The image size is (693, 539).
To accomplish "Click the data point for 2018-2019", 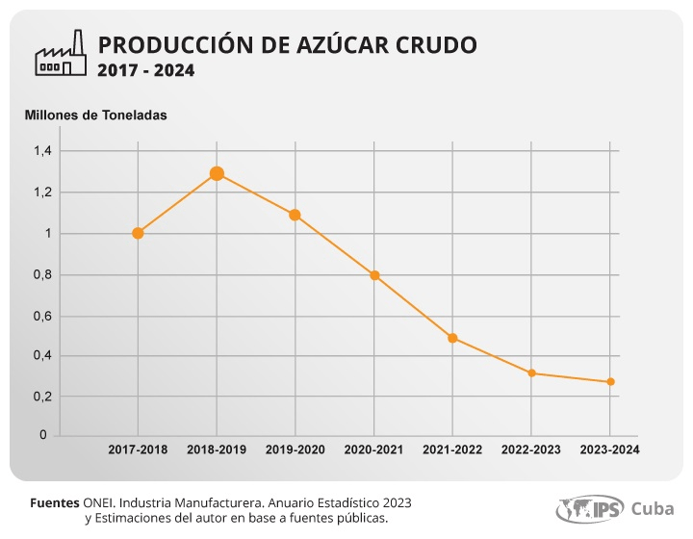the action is click(x=217, y=173).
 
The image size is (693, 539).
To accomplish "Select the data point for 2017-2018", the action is click(x=138, y=233).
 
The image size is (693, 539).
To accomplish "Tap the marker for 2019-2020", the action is click(x=295, y=216).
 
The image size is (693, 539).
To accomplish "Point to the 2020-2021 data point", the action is click(x=374, y=275).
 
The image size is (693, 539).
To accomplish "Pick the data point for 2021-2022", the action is click(x=452, y=338).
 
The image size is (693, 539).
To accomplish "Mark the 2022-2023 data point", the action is click(x=531, y=373).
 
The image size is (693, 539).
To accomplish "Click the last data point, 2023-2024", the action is click(x=610, y=382).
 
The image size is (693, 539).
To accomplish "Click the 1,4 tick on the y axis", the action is click(x=43, y=151).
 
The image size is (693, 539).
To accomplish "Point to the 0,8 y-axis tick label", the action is click(x=43, y=275).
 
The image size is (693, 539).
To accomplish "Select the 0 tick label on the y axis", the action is click(x=43, y=435).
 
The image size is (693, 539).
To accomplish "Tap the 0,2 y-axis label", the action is click(x=43, y=397).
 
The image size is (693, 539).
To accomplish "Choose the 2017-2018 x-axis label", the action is click(x=138, y=449).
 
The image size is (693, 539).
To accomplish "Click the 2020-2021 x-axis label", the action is click(x=373, y=449).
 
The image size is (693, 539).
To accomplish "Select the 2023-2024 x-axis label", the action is click(x=610, y=449).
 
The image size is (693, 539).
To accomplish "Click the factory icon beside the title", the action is click(x=61, y=53).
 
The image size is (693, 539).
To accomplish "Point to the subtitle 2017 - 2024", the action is click(x=146, y=70).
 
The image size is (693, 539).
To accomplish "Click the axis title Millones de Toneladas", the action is click(x=96, y=115).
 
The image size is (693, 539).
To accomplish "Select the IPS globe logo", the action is click(x=590, y=509).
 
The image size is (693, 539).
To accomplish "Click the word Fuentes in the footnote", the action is click(x=55, y=502).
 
